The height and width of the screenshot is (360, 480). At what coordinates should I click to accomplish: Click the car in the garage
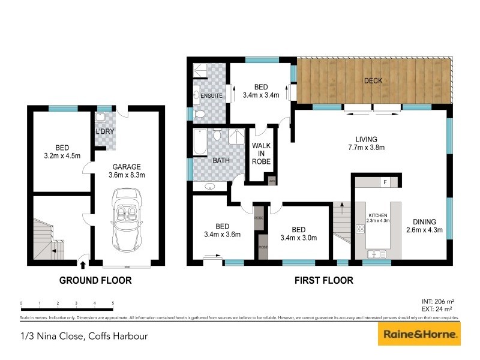[127, 220]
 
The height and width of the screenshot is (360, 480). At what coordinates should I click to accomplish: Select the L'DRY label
[105, 131]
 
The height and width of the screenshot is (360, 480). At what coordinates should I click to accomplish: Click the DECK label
[373, 81]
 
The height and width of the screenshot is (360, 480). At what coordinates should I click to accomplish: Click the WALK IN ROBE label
[261, 154]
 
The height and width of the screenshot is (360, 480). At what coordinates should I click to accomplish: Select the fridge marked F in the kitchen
[385, 182]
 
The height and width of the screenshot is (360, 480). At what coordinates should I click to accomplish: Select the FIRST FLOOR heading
[323, 280]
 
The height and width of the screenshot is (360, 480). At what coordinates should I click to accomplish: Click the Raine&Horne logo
[419, 334]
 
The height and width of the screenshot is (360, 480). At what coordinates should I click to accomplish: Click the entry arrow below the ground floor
[82, 263]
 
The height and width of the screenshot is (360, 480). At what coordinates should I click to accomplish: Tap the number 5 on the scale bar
[113, 304]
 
